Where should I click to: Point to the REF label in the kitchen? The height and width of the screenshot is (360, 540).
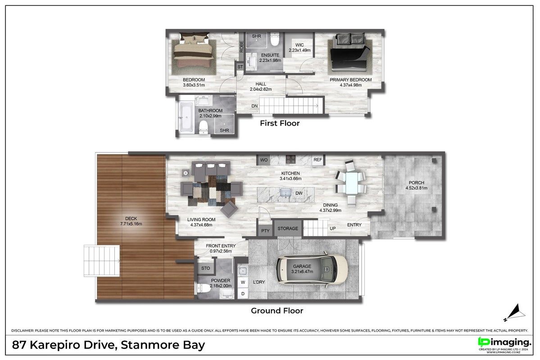[318, 160]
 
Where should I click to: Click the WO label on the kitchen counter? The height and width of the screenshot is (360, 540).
[264, 160]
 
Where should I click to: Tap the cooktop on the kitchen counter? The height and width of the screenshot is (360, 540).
[290, 159]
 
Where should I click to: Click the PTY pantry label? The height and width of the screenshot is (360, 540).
[265, 230]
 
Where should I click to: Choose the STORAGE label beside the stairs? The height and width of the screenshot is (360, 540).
[288, 229]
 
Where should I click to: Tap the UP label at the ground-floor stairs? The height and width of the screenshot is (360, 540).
[333, 229]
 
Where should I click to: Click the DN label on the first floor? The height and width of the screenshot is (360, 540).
[254, 106]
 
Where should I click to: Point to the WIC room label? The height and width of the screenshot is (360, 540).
[299, 45]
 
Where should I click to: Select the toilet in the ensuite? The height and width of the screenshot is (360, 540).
[274, 39]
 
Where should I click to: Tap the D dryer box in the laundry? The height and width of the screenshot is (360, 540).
[243, 293]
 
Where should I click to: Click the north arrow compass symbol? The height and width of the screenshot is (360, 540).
[515, 312]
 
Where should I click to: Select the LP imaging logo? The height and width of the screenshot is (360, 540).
[504, 342]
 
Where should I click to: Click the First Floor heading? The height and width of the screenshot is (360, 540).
[280, 123]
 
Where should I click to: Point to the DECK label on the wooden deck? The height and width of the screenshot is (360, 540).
[131, 219]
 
